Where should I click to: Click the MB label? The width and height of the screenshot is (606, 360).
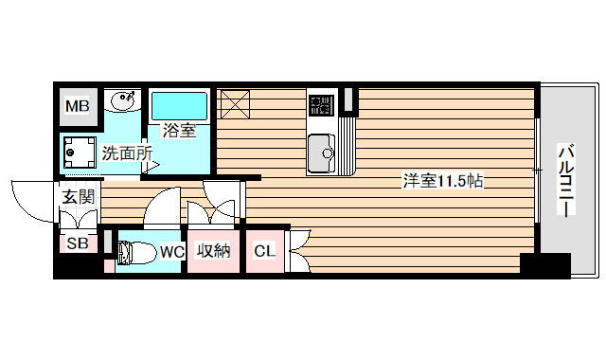[x=77, y=106]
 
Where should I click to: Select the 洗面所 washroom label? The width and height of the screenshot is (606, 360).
[x=127, y=152]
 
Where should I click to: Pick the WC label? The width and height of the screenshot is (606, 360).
[x=171, y=251]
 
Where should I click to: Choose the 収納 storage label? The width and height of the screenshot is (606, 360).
[x=214, y=251]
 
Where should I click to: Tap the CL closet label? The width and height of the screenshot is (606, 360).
[x=264, y=251]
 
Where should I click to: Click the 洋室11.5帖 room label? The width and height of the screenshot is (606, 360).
[x=443, y=181]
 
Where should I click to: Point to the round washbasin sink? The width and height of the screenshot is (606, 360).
[x=123, y=100]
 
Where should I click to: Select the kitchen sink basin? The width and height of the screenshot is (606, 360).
[x=323, y=152]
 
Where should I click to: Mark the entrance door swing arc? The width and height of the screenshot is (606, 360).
[x=30, y=197]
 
